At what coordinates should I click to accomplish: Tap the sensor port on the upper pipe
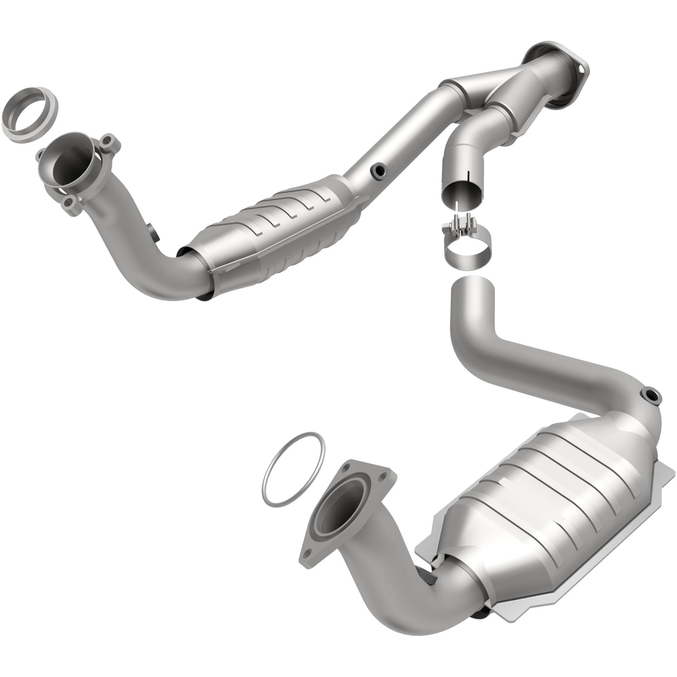[379, 168]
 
